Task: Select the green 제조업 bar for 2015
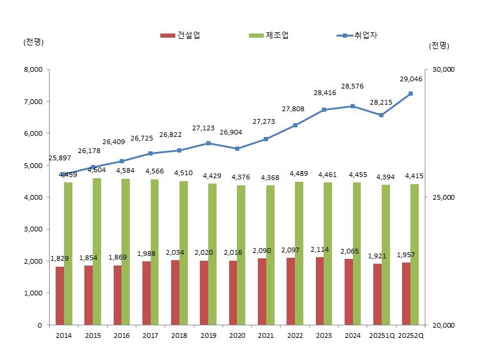tap(97, 251)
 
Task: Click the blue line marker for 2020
tap(238, 148)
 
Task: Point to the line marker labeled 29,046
tap(410, 94)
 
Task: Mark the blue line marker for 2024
tap(353, 106)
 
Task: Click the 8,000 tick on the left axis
tap(31, 69)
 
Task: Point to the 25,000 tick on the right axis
tap(443, 197)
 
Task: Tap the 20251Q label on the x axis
tap(382, 336)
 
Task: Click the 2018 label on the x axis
tap(179, 336)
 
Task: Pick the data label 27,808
tap(294, 109)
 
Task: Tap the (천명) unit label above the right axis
tap(439, 45)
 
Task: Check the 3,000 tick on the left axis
tap(31, 229)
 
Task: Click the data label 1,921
tap(382, 256)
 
